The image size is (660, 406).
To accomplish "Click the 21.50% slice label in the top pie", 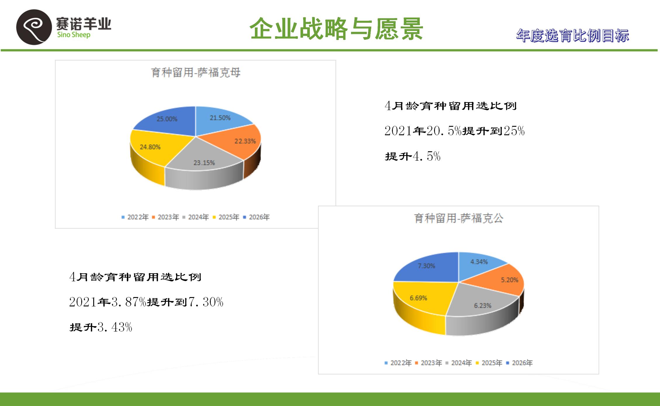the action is point(220,118).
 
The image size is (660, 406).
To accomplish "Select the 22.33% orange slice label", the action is point(245,141).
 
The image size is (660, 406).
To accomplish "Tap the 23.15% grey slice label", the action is point(204,163).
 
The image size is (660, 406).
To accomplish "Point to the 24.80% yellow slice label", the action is point(150,147).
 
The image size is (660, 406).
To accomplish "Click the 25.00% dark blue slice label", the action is point(167,119).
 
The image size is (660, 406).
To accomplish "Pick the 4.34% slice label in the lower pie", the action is point(479,262).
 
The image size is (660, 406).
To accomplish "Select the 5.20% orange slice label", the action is point(509,280).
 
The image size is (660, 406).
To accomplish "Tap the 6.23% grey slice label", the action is point(483,306).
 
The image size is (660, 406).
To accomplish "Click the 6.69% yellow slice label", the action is point(418,298).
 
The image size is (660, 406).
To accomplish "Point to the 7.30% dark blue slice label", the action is point(426,266).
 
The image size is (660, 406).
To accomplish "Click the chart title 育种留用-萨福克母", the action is point(196,72).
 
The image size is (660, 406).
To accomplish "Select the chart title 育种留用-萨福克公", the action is point(459,218).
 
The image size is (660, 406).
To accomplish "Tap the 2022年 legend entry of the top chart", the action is point(135,217).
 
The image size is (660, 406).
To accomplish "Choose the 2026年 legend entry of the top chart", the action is point(257,217).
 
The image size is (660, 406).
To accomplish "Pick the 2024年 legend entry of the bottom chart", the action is point(459,363).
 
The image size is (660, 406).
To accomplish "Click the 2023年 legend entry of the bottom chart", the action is point(429,363).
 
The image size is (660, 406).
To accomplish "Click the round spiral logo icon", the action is point(34,27).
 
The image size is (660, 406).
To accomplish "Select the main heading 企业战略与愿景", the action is point(336,28).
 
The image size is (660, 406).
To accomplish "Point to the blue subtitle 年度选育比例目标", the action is point(572,36).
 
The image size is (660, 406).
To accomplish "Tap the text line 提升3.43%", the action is point(101,327).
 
